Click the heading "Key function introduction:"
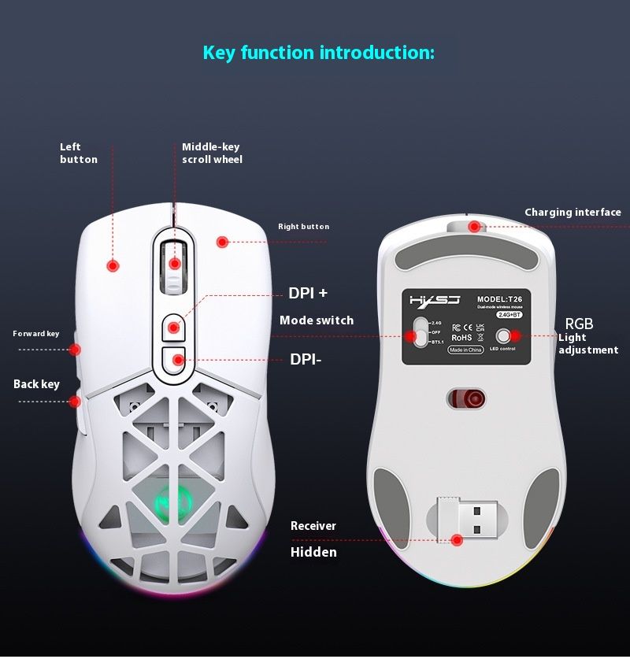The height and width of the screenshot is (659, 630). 318,54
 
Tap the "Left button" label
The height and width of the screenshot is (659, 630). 79,153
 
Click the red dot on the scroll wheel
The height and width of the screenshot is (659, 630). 176,264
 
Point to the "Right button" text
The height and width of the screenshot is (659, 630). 303,227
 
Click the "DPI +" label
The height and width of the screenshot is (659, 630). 308,293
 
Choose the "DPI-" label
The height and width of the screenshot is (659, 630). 306,359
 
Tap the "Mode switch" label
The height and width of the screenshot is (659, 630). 317,320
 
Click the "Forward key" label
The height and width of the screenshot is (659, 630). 36,334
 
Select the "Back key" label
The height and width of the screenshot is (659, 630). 36,384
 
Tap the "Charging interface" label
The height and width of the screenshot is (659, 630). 573,213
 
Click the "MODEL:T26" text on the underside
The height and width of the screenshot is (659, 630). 499,299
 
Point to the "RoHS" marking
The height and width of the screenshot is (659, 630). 461,338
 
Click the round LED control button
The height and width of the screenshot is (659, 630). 502,336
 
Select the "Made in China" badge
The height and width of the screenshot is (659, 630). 465,350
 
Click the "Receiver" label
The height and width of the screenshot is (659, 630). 313,526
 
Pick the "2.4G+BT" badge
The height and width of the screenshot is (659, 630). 510,314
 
